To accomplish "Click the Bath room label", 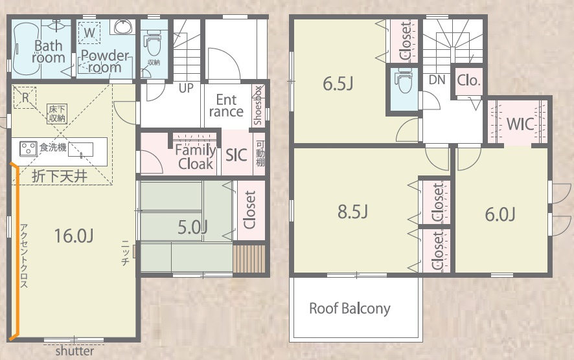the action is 49,52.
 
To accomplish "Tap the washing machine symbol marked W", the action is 89,33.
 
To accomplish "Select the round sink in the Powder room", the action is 122,27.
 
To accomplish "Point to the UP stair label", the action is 186,88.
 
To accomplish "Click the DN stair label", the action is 437,80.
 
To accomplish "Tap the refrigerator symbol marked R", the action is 25,98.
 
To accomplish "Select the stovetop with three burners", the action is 29,149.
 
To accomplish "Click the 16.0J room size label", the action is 74,236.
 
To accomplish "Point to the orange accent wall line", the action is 16,253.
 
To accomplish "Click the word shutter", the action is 75,351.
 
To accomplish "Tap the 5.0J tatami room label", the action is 192,227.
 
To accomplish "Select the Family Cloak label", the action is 196,157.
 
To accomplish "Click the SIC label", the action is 236,155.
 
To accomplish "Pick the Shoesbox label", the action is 258,106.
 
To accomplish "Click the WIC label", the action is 520,124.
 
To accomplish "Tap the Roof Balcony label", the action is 350,308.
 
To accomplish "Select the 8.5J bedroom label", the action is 352,212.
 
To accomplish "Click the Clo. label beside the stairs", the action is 468,80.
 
